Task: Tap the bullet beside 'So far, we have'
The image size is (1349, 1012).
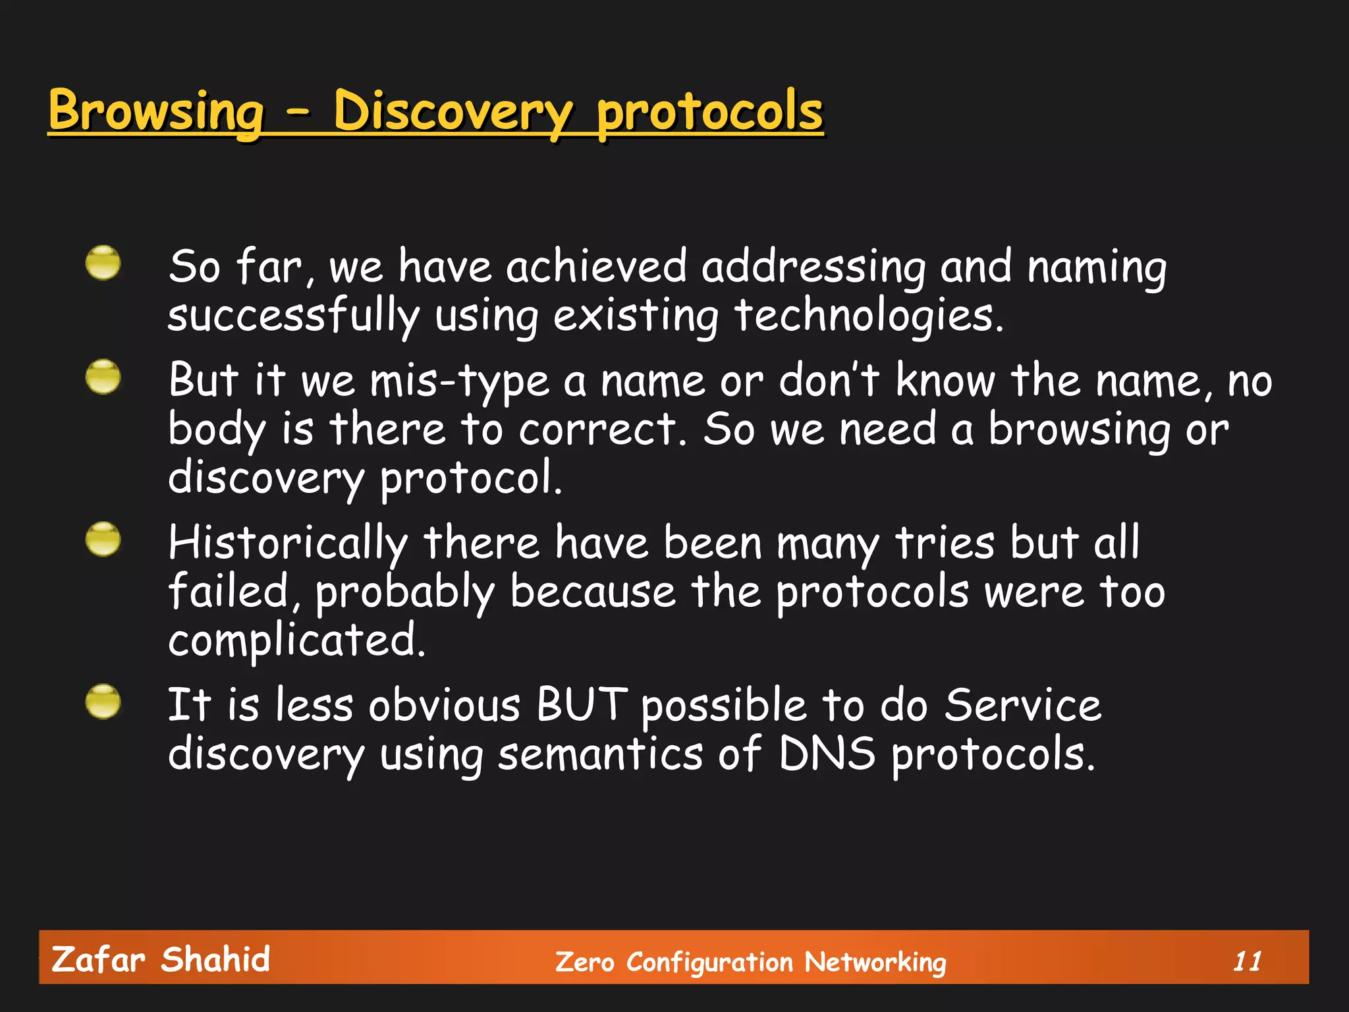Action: pyautogui.click(x=103, y=263)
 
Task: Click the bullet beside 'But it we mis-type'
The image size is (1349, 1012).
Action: pyautogui.click(x=103, y=377)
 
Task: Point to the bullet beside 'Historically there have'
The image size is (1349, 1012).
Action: pyautogui.click(x=103, y=539)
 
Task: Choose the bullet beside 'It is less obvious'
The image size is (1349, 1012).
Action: pyautogui.click(x=103, y=701)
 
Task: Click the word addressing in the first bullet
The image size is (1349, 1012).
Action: pyautogui.click(x=813, y=269)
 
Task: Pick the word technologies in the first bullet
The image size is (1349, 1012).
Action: pyautogui.click(x=868, y=316)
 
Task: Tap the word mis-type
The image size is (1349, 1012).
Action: pyautogui.click(x=459, y=382)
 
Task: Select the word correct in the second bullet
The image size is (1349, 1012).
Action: pyautogui.click(x=598, y=430)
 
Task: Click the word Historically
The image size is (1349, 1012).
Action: pyautogui.click(x=288, y=544)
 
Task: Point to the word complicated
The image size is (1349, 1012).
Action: pyautogui.click(x=296, y=640)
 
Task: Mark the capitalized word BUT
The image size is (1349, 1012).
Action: pyautogui.click(x=582, y=705)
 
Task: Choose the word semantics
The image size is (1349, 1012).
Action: pyautogui.click(x=600, y=754)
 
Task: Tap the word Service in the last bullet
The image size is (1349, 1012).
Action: pyautogui.click(x=1023, y=705)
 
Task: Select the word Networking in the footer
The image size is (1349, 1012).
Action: pyautogui.click(x=875, y=963)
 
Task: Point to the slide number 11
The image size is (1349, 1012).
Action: pyautogui.click(x=1247, y=962)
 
